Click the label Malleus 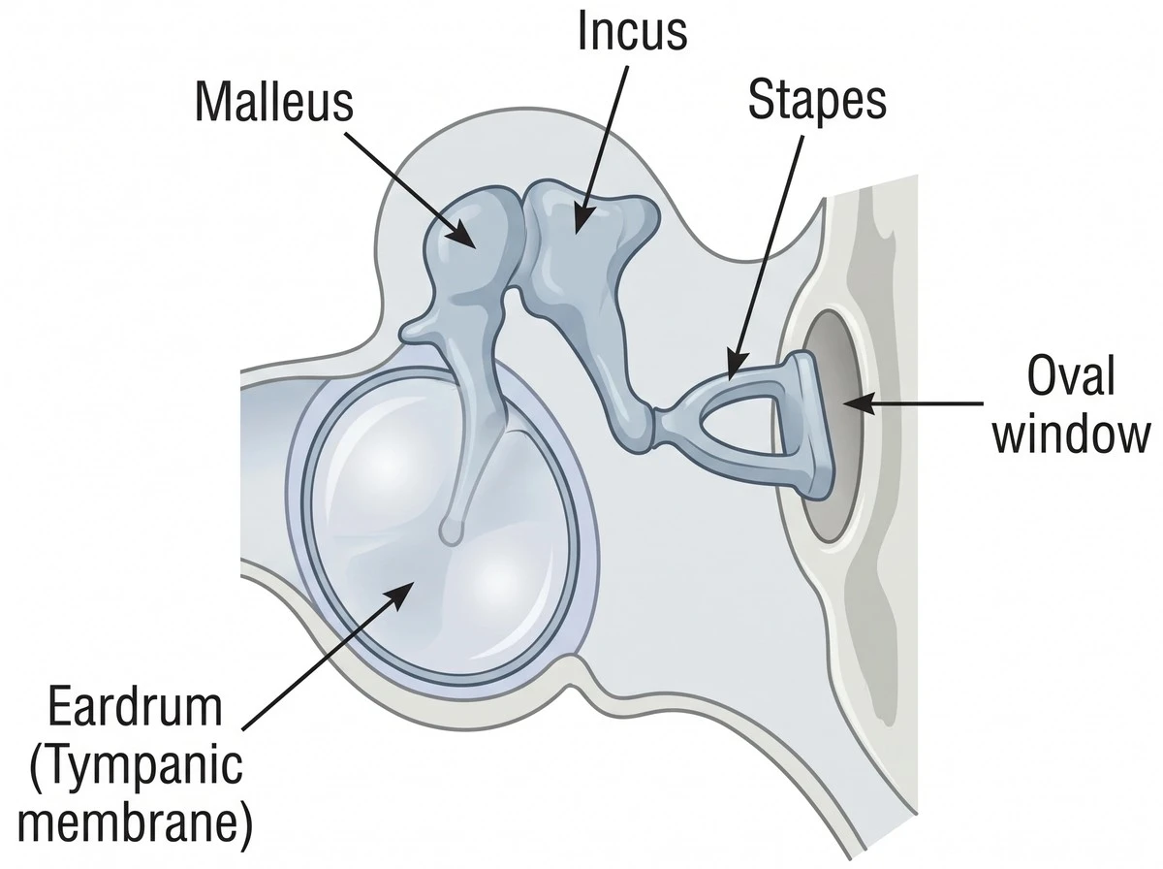point(274,103)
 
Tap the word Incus point(632,30)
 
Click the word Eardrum point(135,707)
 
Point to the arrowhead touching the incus point(581,220)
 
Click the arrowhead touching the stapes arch point(736,367)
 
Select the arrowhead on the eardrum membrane point(402,595)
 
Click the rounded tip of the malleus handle point(452,531)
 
